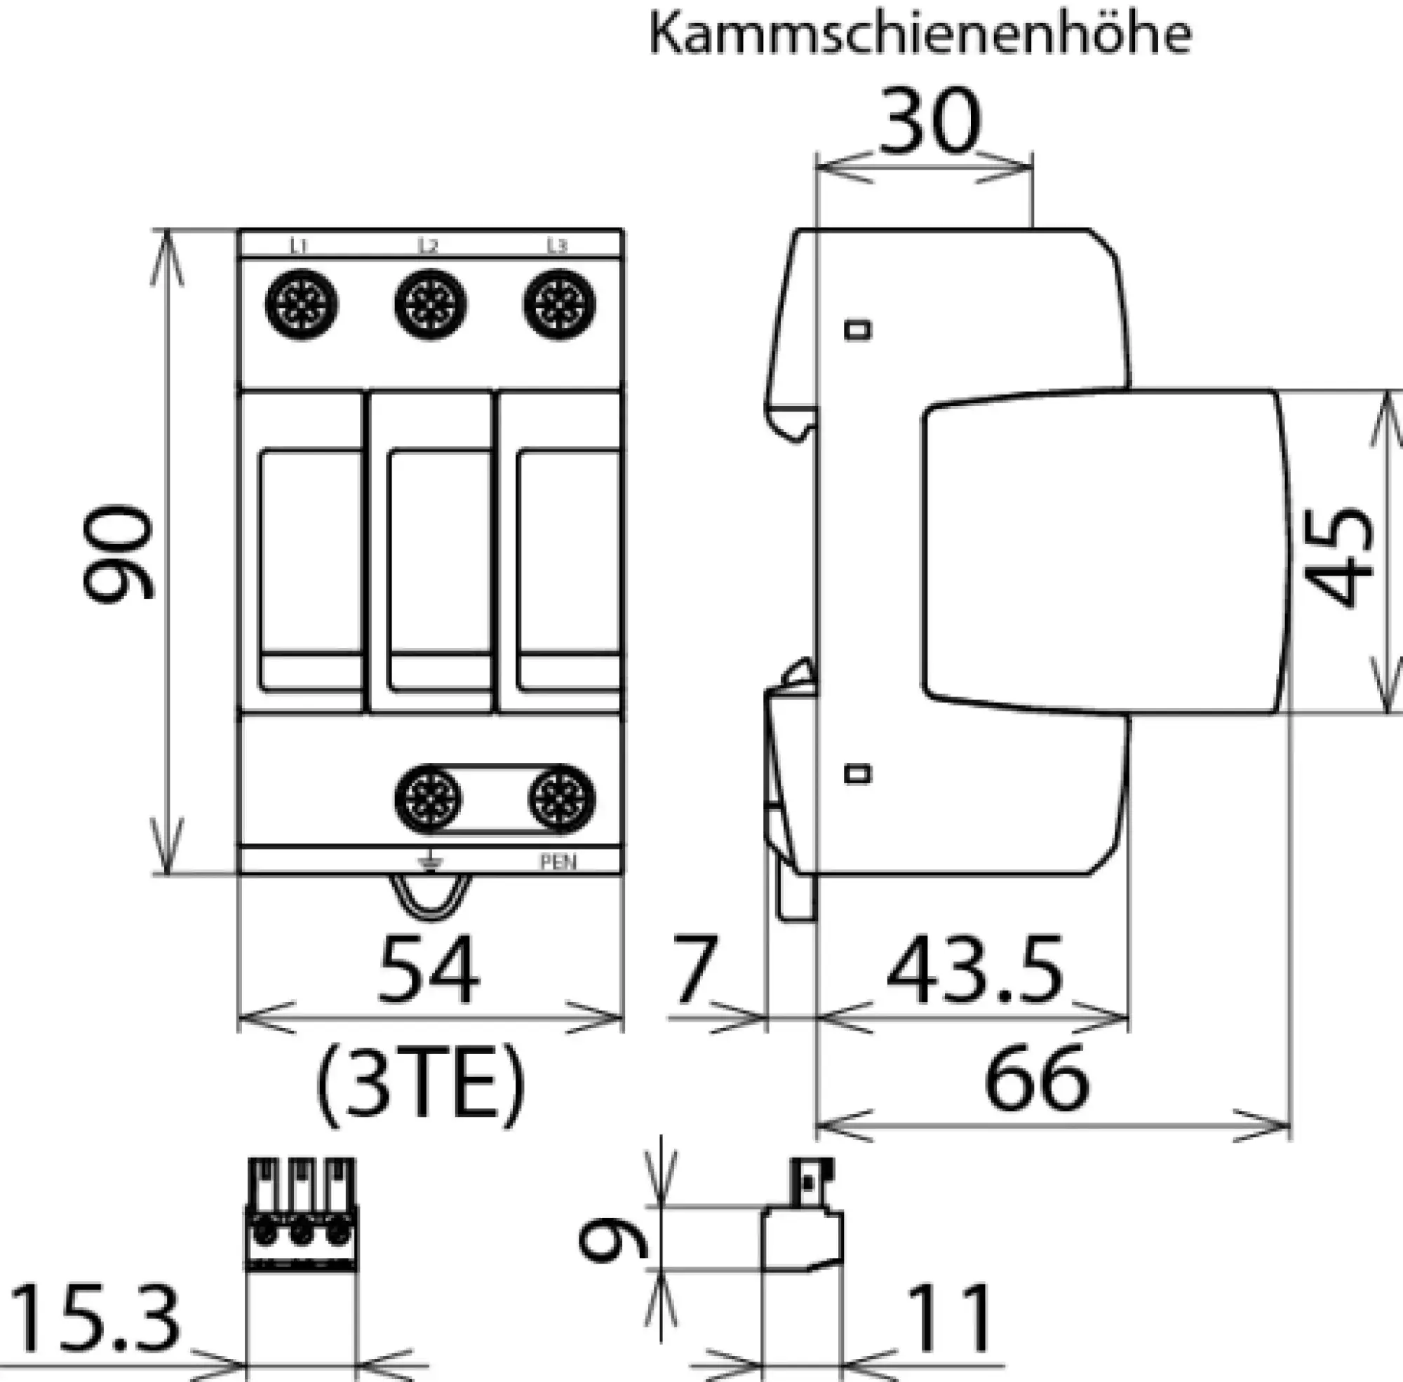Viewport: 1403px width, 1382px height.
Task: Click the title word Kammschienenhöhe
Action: (x=920, y=34)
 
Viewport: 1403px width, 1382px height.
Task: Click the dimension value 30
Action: (x=929, y=122)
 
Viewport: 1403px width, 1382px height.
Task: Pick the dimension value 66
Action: (x=1037, y=1078)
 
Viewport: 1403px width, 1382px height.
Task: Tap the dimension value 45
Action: (x=1338, y=556)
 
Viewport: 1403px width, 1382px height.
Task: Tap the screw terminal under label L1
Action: (x=302, y=304)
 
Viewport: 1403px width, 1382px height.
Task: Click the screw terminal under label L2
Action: (x=431, y=304)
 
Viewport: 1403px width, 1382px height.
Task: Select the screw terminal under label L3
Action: (x=559, y=304)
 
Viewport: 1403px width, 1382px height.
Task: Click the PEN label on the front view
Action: (x=558, y=862)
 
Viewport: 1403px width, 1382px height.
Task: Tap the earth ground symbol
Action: (x=430, y=862)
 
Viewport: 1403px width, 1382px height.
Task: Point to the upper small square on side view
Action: (x=858, y=330)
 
